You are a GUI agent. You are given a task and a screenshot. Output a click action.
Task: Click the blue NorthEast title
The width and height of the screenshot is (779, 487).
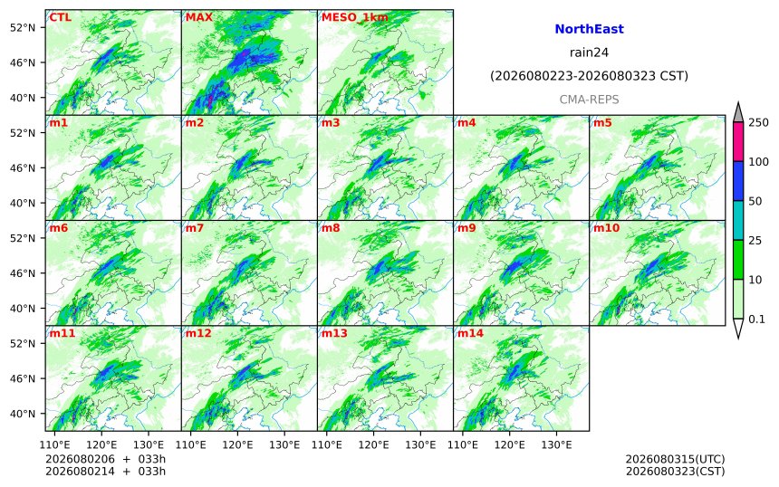pos(589,29)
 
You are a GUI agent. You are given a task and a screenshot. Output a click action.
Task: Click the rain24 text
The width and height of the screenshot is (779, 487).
pos(589,53)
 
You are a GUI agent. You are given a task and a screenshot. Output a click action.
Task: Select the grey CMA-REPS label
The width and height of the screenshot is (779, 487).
pos(589,100)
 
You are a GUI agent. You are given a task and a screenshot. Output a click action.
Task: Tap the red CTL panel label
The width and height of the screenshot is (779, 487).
pos(60,17)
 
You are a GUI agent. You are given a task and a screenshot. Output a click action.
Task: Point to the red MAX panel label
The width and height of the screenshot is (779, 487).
pos(198,17)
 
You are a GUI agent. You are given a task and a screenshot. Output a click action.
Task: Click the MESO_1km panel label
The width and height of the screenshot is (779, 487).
pos(355,17)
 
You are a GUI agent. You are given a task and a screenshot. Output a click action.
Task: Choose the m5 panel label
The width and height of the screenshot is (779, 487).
pos(602,122)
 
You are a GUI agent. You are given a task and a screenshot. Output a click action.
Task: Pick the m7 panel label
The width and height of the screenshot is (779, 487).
pos(195,228)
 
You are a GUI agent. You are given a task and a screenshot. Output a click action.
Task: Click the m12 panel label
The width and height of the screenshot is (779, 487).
pos(198,333)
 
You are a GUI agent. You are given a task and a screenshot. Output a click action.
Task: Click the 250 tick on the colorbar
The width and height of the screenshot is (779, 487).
pos(758,122)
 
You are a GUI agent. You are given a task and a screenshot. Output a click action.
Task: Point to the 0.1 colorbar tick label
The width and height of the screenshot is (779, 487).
pos(756,320)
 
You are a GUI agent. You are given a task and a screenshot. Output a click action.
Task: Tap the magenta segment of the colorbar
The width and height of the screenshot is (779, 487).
pos(738,142)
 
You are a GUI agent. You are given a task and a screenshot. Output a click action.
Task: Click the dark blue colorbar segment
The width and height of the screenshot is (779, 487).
pos(738,181)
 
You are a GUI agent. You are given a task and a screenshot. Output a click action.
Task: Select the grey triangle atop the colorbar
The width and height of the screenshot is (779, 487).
pos(738,113)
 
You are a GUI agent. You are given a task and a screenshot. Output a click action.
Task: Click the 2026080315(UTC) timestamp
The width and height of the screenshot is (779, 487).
pos(675,459)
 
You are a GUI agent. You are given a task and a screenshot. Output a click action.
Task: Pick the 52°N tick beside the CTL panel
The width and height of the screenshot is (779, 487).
pos(23,27)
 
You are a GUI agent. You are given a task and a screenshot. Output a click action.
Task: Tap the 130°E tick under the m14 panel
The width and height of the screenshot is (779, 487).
pos(556,444)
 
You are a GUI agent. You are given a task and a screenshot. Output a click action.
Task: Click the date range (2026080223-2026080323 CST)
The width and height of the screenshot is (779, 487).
pos(589,76)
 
